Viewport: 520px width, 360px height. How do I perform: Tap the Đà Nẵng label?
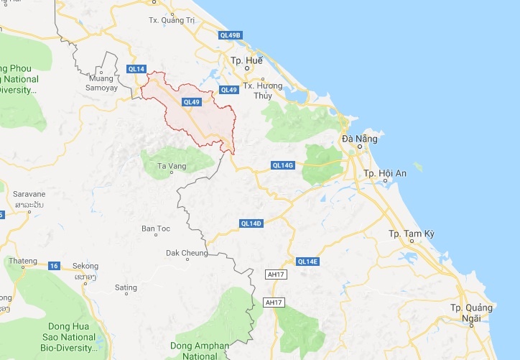tap(357, 138)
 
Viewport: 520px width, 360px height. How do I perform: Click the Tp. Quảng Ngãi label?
tap(472, 313)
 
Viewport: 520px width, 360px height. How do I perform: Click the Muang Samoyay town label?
tap(102, 82)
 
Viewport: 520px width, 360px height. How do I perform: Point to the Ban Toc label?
tap(156, 229)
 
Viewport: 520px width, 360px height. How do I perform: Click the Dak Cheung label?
tap(187, 253)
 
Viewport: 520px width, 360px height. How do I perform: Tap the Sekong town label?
tap(85, 266)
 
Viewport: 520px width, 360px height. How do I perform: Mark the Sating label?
tap(126, 287)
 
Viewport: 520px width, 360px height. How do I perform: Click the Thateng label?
tap(22, 260)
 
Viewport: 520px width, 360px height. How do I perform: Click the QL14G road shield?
tap(283, 165)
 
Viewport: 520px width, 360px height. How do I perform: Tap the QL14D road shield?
tap(251, 223)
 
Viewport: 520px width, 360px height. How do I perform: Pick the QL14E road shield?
tap(307, 261)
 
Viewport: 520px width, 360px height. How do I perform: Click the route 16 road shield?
tap(55, 266)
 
